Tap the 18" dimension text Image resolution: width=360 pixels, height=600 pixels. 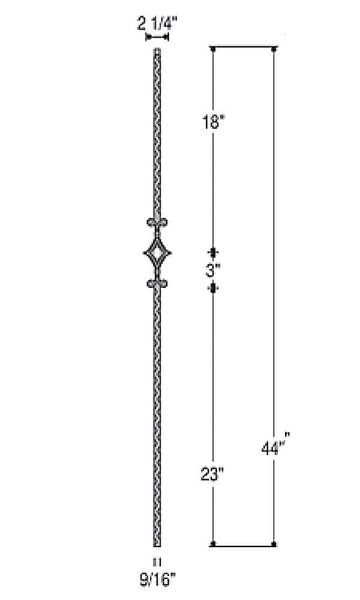tap(214, 123)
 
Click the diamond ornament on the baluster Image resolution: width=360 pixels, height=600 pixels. tap(156, 254)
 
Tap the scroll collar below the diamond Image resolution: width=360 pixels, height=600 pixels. tap(156, 286)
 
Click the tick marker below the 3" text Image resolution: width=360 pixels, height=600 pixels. tap(213, 289)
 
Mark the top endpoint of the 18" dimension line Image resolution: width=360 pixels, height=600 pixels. tap(213, 48)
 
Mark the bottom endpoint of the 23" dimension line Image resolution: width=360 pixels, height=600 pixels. tap(213, 544)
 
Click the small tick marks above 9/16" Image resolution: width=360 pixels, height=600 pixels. tap(155, 560)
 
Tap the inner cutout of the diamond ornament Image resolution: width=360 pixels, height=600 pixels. tap(156, 255)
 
